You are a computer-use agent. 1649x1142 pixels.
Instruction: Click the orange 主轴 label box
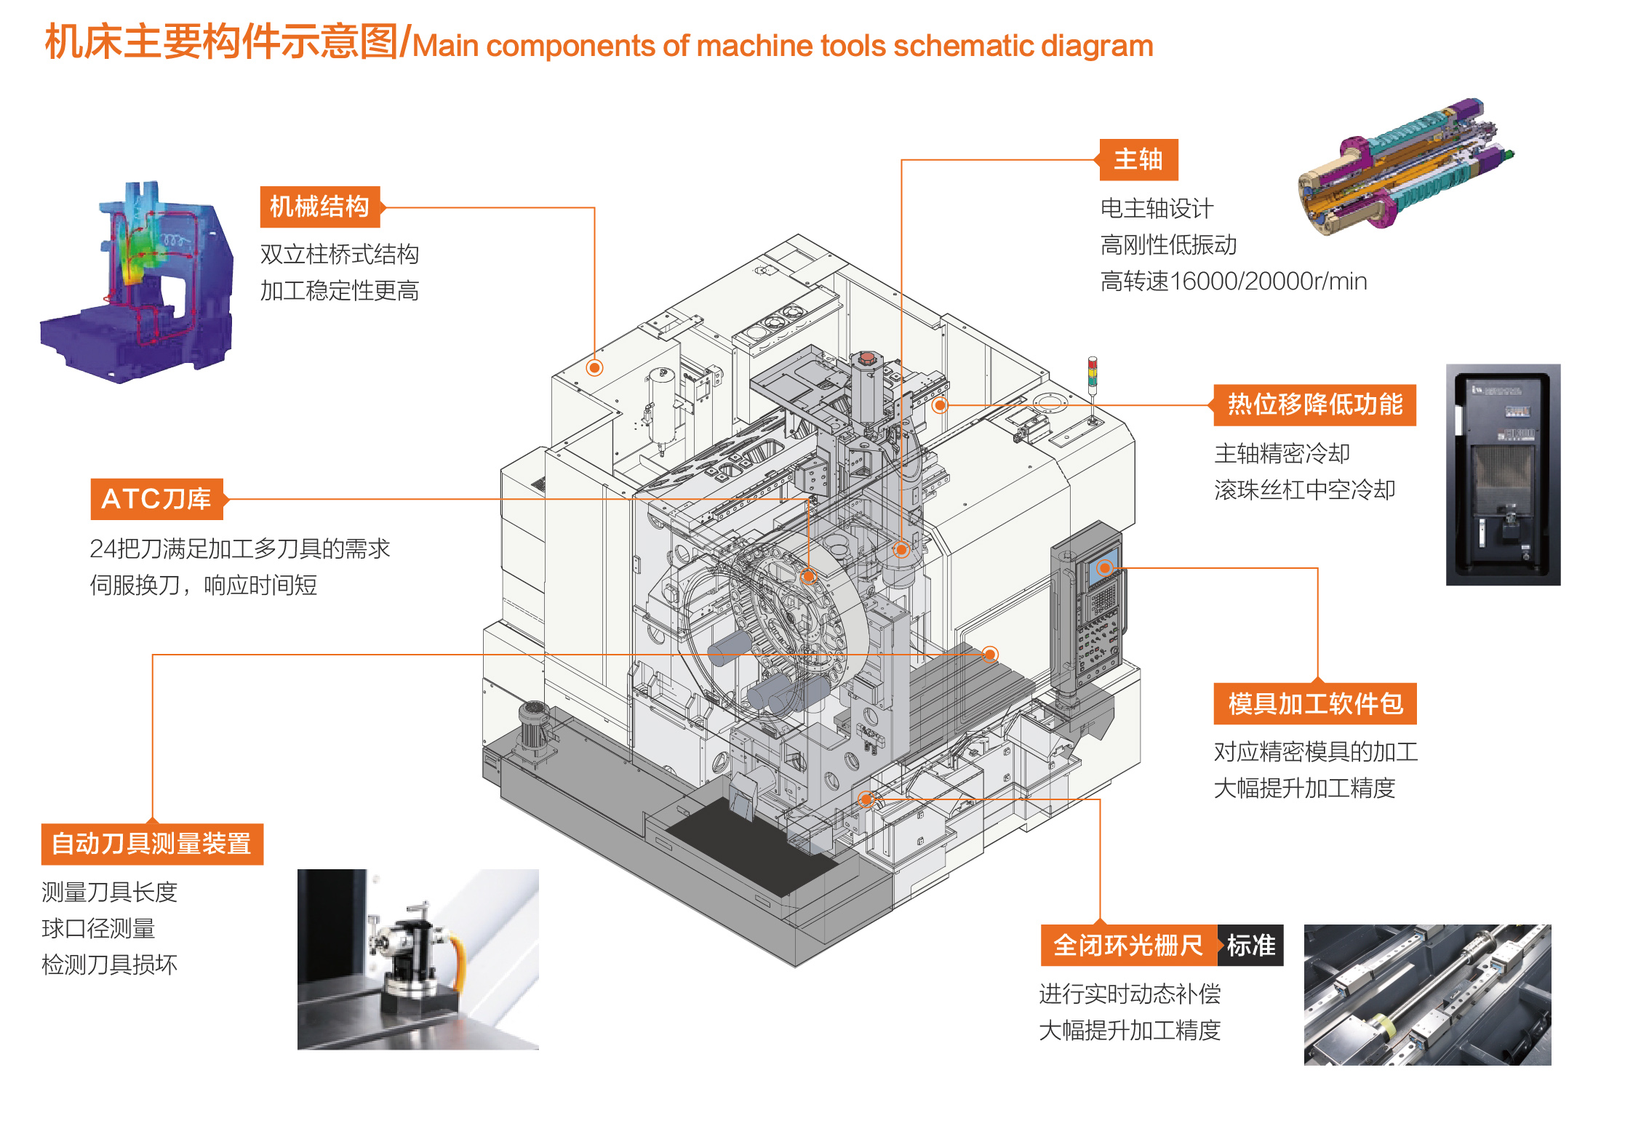point(1138,160)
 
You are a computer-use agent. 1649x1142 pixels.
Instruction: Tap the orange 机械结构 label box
point(320,207)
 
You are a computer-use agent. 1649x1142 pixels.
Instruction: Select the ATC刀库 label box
point(156,499)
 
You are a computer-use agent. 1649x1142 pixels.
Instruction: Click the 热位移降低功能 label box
point(1314,405)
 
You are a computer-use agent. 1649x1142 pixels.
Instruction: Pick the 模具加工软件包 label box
point(1315,704)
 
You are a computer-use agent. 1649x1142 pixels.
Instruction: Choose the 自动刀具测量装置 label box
point(152,844)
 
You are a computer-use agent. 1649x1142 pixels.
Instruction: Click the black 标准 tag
point(1251,946)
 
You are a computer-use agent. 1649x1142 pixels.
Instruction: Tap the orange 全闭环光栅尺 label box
point(1128,946)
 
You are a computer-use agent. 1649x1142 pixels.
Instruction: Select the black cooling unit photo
point(1503,474)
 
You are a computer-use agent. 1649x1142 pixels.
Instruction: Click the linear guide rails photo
point(1427,994)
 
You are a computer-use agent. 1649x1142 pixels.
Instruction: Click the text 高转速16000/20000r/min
point(1234,281)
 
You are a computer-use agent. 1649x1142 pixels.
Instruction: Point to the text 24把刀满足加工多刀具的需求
point(240,549)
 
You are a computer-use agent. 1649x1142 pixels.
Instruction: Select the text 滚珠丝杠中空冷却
point(1305,490)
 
